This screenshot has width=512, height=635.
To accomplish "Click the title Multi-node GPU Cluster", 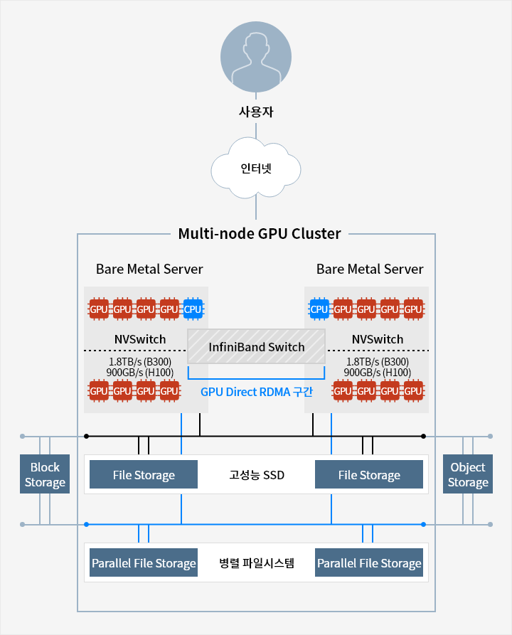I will point(260,233).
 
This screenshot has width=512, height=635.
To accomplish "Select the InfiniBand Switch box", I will point(256,347).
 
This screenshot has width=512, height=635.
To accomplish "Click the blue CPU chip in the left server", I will point(193,309).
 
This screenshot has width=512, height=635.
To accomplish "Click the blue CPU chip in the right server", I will point(319,309).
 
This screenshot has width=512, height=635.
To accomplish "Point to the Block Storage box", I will point(45,474).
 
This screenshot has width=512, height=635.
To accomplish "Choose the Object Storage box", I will point(468,474).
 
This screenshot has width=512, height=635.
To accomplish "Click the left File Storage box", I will point(144,474).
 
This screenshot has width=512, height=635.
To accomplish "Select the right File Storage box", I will point(369,474).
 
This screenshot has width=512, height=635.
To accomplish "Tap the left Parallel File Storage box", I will point(144,563).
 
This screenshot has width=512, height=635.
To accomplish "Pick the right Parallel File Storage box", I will point(369,563).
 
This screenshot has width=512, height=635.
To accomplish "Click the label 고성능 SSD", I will point(256,474).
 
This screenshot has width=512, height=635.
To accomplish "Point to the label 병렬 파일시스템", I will point(256,563).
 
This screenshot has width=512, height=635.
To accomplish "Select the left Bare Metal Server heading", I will point(149,270).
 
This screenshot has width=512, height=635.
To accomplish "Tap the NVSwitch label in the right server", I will point(377,339).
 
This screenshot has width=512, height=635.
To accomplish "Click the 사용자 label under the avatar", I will point(256,112).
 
